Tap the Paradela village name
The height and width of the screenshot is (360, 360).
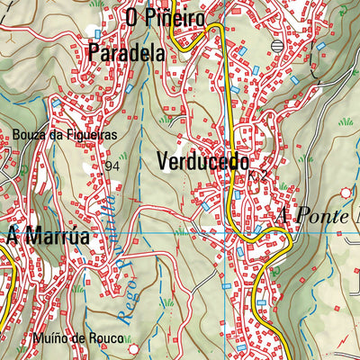point(126,52)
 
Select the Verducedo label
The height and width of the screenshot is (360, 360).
point(203,162)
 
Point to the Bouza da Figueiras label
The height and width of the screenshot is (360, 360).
point(65,135)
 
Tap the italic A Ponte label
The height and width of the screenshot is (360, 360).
point(317,217)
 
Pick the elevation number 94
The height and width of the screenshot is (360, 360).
point(112,166)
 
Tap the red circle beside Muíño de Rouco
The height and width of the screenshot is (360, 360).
point(134,347)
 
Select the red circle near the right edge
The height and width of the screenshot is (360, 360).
point(346,192)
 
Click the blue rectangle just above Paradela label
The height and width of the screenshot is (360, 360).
point(98,34)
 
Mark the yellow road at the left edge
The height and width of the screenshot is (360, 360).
point(4,288)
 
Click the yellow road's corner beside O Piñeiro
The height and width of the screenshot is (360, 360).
point(216,30)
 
